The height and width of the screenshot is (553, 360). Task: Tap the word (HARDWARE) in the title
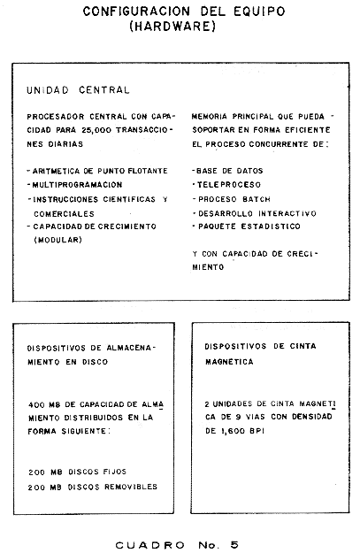pyautogui.click(x=172, y=27)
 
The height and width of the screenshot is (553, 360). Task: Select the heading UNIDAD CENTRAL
pyautogui.click(x=78, y=90)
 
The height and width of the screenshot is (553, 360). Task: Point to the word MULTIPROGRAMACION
pyautogui.click(x=77, y=185)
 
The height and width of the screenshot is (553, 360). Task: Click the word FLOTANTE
pyautogui.click(x=148, y=171)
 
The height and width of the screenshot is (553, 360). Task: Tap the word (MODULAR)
pyautogui.click(x=57, y=240)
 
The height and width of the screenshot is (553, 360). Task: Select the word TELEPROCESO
pyautogui.click(x=229, y=185)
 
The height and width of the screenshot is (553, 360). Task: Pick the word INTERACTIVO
pyautogui.click(x=287, y=213)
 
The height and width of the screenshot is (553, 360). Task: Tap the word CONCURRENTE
pyautogui.click(x=279, y=144)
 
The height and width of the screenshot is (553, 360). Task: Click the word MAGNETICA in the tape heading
pyautogui.click(x=229, y=362)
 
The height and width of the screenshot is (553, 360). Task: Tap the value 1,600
pyautogui.click(x=233, y=431)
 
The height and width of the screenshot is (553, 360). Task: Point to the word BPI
pyautogui.click(x=257, y=431)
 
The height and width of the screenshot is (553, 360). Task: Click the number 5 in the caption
pyautogui.click(x=234, y=545)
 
